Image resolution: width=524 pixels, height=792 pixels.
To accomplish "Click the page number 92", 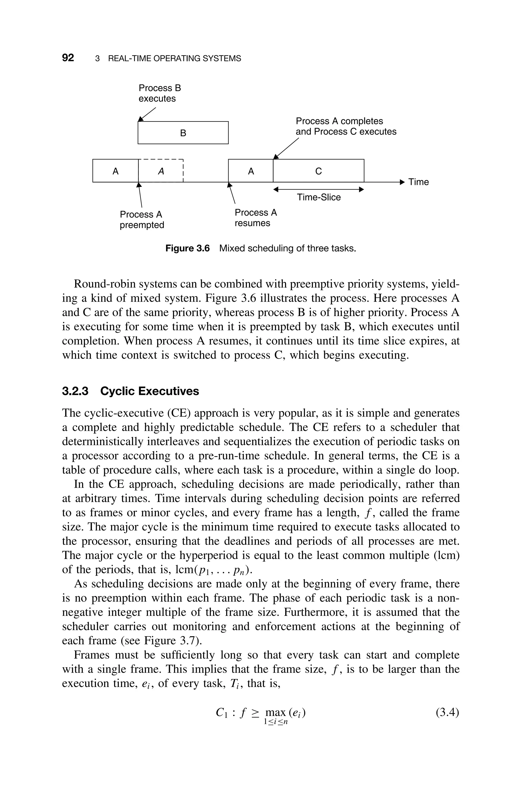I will tap(68, 58).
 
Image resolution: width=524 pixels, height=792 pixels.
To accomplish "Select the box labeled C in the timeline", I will tap(319, 171).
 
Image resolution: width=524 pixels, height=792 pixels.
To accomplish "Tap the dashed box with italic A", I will tap(161, 171).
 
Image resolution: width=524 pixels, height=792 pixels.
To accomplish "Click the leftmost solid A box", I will tap(115, 171).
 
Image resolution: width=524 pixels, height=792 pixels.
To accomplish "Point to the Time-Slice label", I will tap(319, 197).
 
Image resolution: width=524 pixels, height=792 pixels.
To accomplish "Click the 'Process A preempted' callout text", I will tap(142, 220).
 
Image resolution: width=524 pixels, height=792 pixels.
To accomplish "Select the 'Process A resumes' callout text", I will tap(256, 218).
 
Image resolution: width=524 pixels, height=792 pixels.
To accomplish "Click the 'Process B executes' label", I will tap(159, 93).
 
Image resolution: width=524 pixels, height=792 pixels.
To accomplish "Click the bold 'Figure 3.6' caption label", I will tap(188, 248).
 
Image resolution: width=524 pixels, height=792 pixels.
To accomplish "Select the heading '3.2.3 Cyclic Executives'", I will tap(130, 391).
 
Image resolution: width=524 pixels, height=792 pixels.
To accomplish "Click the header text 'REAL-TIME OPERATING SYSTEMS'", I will tap(174, 59).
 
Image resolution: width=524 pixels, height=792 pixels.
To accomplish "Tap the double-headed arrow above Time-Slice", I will tap(319, 190).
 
